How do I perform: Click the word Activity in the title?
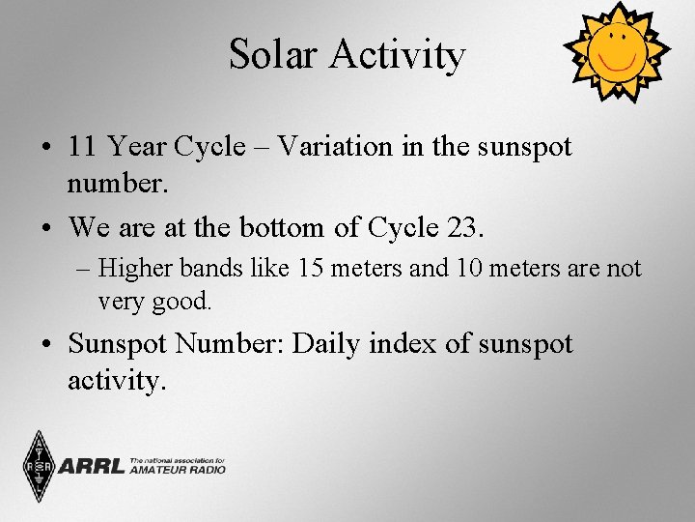(397, 56)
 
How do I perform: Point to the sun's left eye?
(605, 38)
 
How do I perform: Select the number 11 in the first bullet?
(82, 147)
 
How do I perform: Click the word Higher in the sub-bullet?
(133, 268)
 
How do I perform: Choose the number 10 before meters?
(469, 268)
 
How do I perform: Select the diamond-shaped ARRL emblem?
(40, 467)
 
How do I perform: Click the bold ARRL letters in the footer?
(92, 467)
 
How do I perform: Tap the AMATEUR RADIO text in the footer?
(178, 470)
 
